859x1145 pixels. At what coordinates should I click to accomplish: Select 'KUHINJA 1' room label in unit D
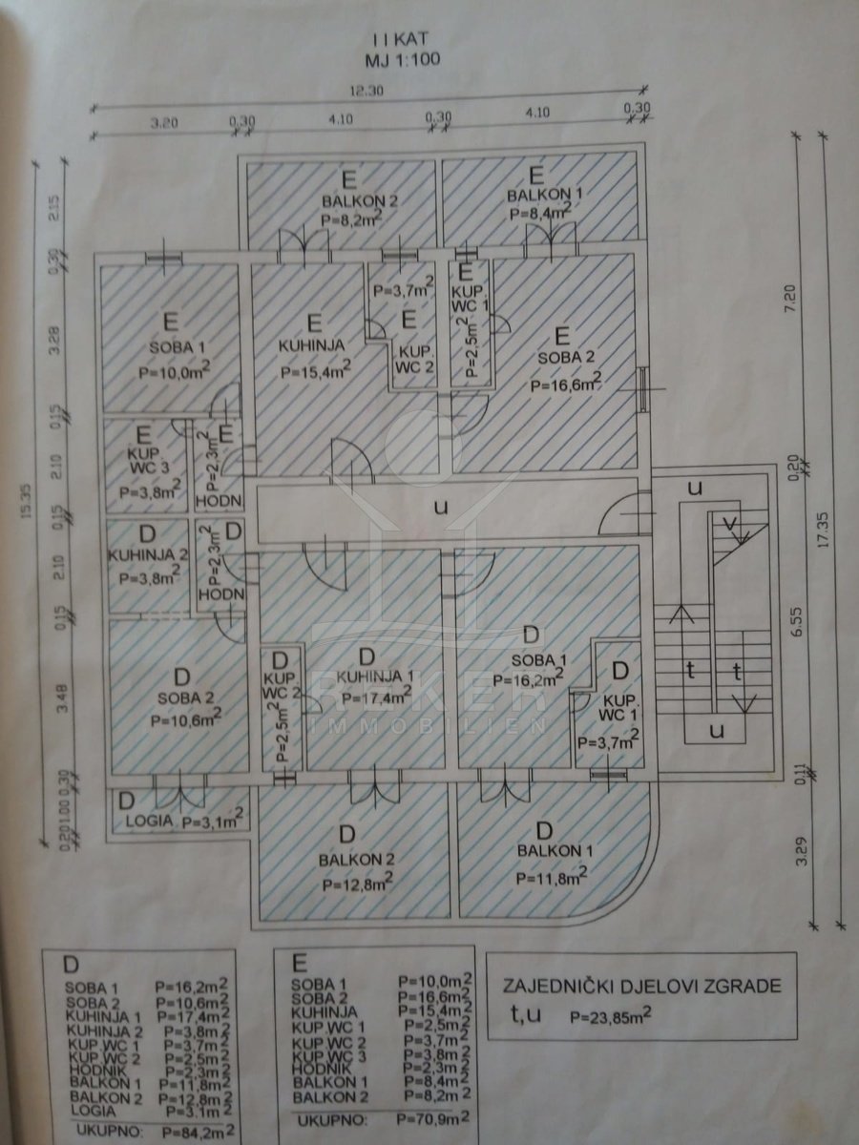click(367, 677)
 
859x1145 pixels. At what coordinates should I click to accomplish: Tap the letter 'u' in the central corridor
click(441, 508)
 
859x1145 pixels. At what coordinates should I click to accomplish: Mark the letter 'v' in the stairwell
click(731, 523)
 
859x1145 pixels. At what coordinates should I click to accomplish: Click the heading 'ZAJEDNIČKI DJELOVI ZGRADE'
click(640, 985)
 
